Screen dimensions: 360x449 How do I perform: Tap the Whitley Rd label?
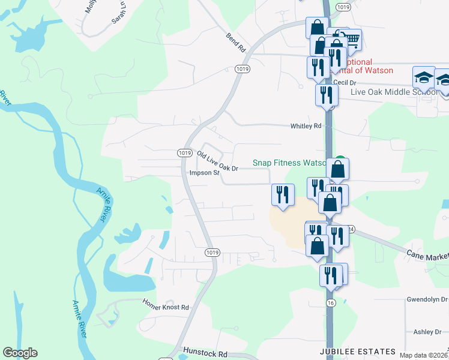click(x=306, y=126)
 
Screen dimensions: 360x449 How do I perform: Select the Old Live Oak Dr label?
click(x=218, y=162)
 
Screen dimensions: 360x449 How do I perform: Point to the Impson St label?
click(x=204, y=173)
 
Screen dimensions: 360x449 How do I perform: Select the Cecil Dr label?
click(x=345, y=83)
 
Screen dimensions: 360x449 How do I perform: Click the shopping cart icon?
click(x=351, y=40)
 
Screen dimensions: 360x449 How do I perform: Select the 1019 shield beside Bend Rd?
click(x=242, y=69)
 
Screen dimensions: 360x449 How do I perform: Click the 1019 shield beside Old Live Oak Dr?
click(x=184, y=153)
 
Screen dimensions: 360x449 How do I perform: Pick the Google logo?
click(x=20, y=353)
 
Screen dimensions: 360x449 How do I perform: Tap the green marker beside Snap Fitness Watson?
click(x=340, y=160)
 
